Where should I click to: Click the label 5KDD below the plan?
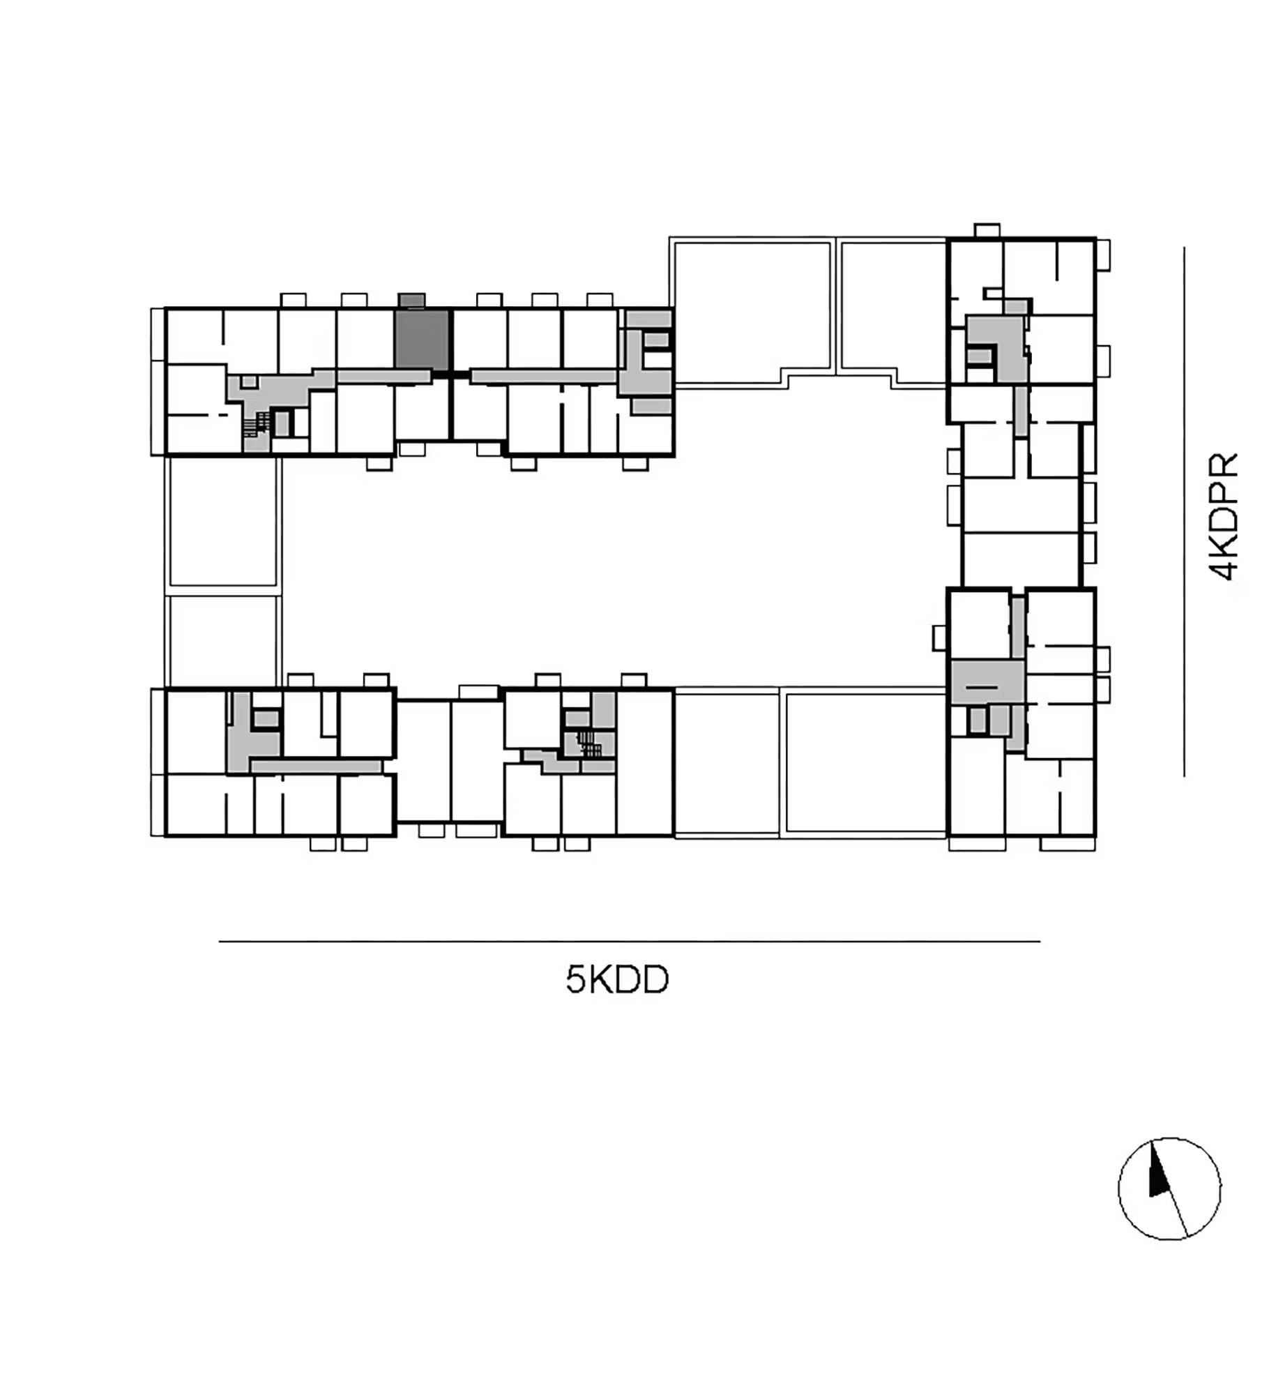click(616, 980)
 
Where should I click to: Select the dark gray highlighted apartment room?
click(422, 340)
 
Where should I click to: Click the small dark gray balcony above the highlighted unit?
click(411, 300)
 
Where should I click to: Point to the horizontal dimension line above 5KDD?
click(630, 941)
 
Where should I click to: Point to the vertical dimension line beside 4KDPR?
click(1183, 511)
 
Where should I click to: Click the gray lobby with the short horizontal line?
click(987, 682)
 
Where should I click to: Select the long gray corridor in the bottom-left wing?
click(316, 767)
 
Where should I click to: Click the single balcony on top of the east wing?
click(987, 230)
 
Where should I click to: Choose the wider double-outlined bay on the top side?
click(752, 311)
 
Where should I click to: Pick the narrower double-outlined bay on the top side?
click(892, 311)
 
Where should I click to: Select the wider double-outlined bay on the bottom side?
click(865, 762)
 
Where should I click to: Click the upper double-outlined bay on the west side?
click(223, 524)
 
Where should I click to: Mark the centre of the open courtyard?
click(614, 537)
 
